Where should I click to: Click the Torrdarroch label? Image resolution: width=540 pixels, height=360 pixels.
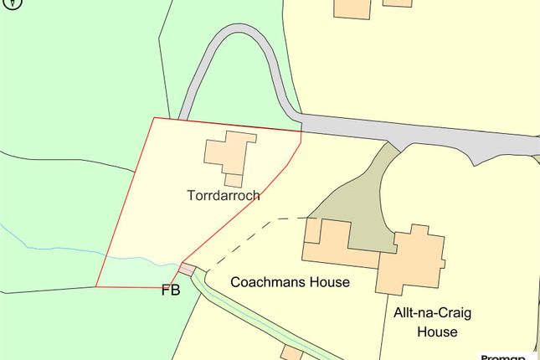pos(224,196)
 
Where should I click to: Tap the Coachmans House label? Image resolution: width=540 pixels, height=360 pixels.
pos(290,282)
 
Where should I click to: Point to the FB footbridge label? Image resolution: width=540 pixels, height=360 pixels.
pos(171,292)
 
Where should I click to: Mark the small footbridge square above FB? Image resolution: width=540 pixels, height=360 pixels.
pos(188,270)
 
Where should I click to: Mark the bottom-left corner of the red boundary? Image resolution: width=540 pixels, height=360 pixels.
pos(95,286)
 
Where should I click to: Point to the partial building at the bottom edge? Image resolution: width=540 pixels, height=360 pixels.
pos(292,352)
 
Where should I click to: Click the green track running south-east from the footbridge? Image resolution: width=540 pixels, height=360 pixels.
pos(243,318)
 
